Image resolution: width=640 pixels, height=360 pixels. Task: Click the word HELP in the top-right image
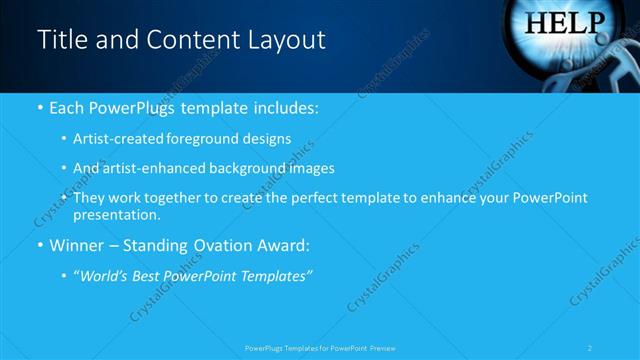[x=565, y=22]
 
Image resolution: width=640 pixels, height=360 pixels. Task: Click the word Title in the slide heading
[x=59, y=40]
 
